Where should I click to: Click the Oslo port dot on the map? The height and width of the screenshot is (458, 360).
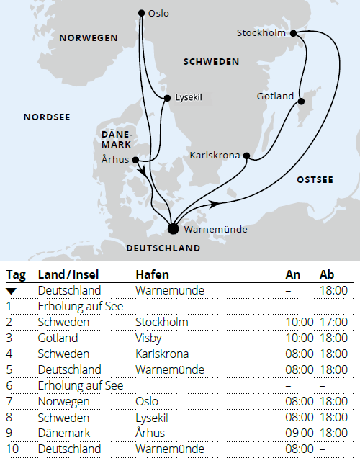coord(141,13)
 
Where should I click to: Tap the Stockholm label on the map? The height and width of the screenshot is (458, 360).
coord(261,32)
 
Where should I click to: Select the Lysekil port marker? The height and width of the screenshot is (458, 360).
coord(167,97)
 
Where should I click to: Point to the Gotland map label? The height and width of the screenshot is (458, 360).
coord(275,96)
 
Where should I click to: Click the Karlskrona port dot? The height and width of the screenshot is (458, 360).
coord(246,155)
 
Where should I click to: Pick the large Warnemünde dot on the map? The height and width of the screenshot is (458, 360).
coord(173,229)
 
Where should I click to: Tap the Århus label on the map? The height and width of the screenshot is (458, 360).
coord(114,161)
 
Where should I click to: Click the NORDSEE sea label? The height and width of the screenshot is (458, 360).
coord(47,117)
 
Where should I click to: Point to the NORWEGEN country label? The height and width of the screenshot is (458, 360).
coord(88,37)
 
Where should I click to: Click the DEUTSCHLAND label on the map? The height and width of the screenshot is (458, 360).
coord(163,248)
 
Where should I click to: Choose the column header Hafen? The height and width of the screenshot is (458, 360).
coord(152,274)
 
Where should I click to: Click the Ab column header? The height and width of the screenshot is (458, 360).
coord(327,274)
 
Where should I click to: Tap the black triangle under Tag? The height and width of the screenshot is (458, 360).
coord(11,290)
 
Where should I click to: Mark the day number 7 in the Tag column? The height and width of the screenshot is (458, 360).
coord(9,401)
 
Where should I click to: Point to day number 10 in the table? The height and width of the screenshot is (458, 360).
coord(12,449)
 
